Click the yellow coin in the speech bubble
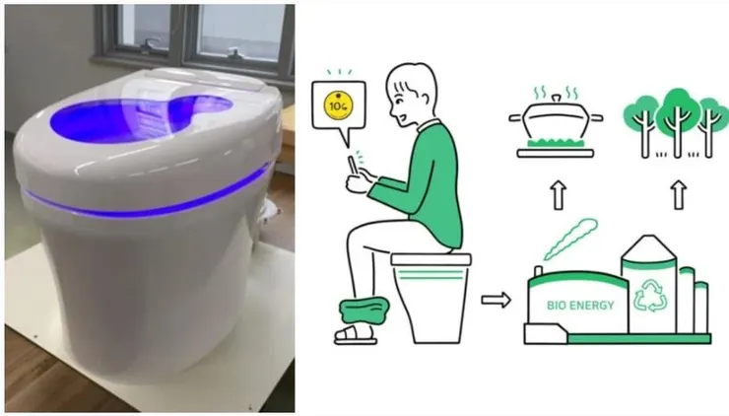pos(338,105)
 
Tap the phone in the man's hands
pos(353,167)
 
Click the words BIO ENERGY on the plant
pos(580,306)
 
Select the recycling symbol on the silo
pos(650,296)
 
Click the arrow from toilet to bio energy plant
pos(496,300)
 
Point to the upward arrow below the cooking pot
pos(559,195)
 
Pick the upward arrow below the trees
pos(679,195)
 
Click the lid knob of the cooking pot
pos(556,99)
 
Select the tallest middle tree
pos(677,123)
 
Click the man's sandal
pos(356,335)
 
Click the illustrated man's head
pos(412,95)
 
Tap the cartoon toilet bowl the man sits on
pos(431,298)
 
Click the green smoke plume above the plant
pos(570,239)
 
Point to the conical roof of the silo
pos(649,248)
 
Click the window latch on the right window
pos(235,51)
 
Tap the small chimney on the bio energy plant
pos(539,272)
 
